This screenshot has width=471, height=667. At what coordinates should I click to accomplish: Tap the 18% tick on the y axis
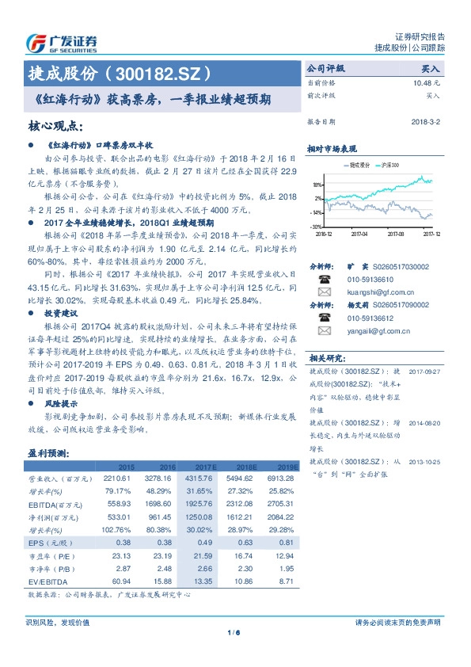(x=317, y=183)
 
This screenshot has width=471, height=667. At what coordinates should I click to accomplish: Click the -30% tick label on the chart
(x=316, y=227)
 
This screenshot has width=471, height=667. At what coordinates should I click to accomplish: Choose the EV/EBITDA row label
(x=46, y=581)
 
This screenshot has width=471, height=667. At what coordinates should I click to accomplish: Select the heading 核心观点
(x=55, y=126)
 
